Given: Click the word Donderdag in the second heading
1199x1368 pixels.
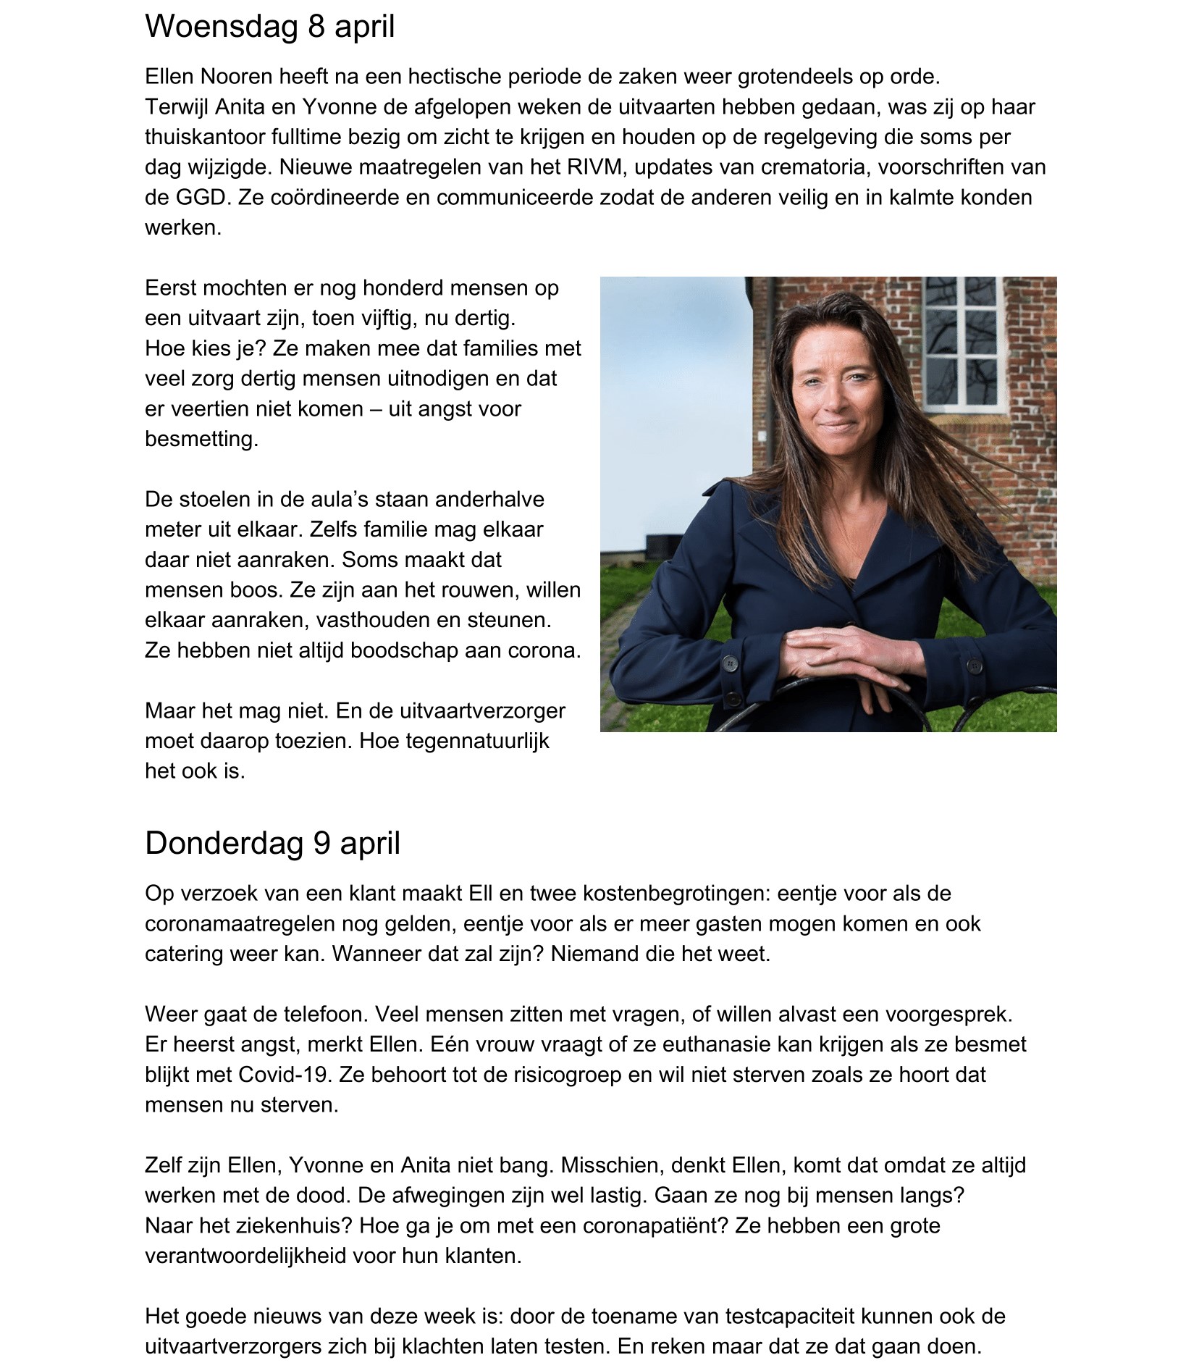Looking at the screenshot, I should pos(222,843).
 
